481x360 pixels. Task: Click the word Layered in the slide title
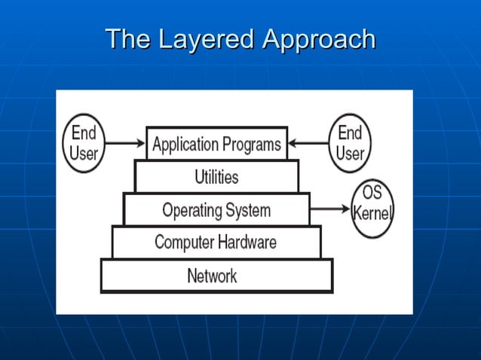pyautogui.click(x=207, y=39)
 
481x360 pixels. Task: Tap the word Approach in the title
pyautogui.click(x=318, y=39)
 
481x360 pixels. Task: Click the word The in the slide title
pyautogui.click(x=127, y=39)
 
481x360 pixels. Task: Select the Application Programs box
pyautogui.click(x=216, y=143)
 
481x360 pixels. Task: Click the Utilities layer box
pyautogui.click(x=216, y=177)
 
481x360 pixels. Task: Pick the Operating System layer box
pyautogui.click(x=216, y=209)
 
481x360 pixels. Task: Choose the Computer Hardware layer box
pyautogui.click(x=216, y=243)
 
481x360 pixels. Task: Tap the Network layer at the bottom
pyautogui.click(x=216, y=276)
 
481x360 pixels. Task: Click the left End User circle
pyautogui.click(x=84, y=144)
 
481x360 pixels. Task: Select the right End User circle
pyautogui.click(x=350, y=143)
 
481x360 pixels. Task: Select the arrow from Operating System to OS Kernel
pyautogui.click(x=330, y=209)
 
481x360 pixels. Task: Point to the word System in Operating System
pyautogui.click(x=249, y=209)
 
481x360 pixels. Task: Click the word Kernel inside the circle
pyautogui.click(x=372, y=213)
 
